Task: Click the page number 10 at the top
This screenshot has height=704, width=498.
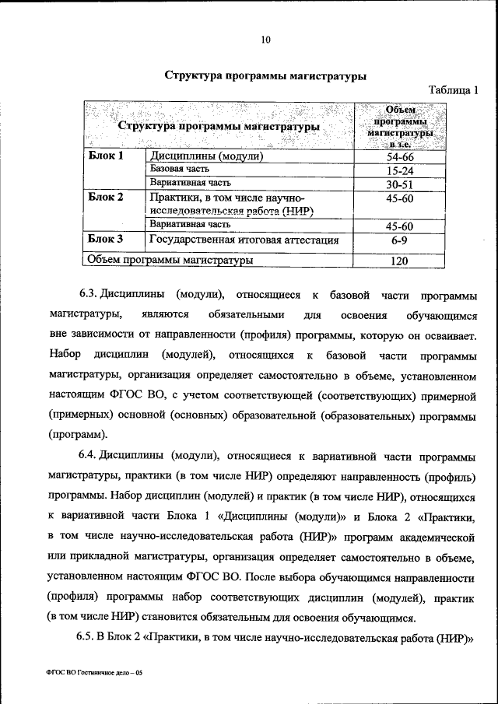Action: pos(265,40)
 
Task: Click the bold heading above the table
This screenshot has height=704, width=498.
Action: pos(265,76)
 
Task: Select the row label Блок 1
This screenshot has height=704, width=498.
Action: pos(106,156)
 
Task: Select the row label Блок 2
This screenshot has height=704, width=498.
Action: pos(106,197)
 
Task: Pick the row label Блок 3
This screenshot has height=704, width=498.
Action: pos(106,239)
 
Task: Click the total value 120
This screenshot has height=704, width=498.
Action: pos(399,261)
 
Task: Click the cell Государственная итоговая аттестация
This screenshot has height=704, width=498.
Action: pos(244,240)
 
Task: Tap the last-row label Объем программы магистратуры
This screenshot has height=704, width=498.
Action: pos(170,261)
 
